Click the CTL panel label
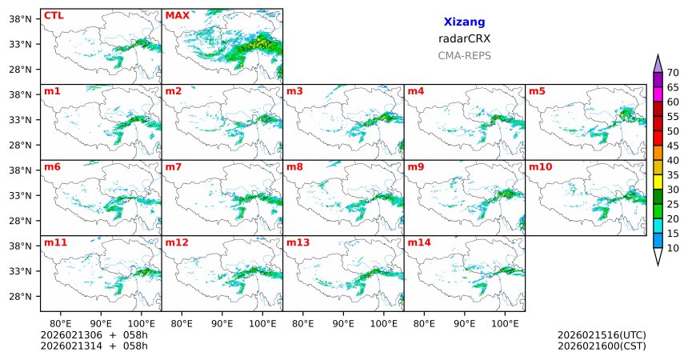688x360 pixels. coord(54,15)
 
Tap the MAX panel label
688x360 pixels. coord(177,15)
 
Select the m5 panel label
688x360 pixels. coord(536,90)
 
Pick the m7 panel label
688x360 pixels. coord(174,166)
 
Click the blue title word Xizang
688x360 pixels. coord(464,22)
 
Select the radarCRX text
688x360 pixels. coord(464,38)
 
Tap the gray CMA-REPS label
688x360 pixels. coord(464,56)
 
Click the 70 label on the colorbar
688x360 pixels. coord(674,73)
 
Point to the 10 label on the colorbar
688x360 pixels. coord(674,249)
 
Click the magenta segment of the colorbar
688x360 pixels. coord(658,94)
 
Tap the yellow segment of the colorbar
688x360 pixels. coord(658,182)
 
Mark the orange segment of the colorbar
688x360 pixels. coord(658,153)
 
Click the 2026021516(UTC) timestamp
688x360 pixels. coord(602,334)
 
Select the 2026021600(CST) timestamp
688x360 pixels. coord(602,346)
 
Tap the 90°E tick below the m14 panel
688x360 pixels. coord(464,323)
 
